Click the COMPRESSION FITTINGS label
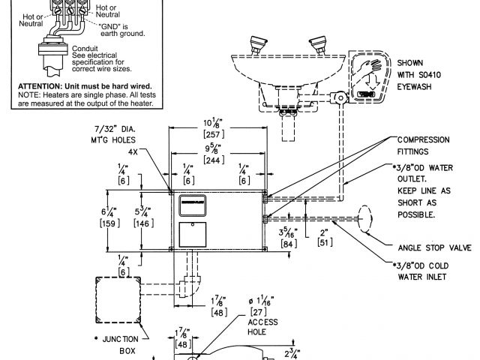[x=423, y=145]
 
